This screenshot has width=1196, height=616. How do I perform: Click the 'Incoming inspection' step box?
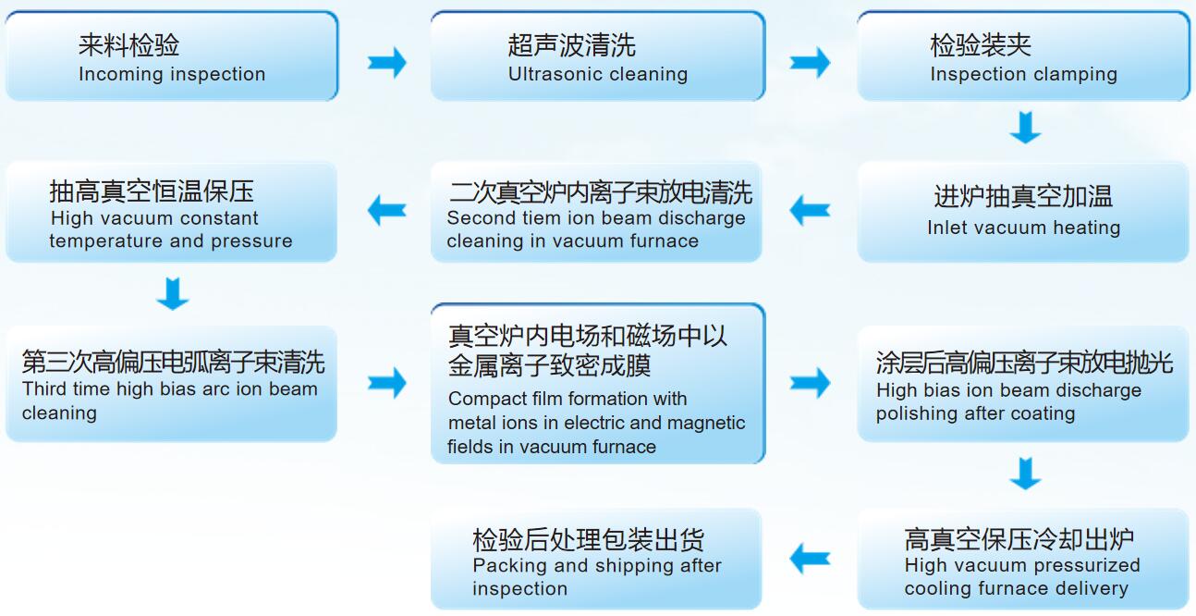(172, 56)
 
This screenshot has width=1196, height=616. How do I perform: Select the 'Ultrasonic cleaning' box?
(598, 56)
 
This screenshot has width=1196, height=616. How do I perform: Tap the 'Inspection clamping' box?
(1023, 56)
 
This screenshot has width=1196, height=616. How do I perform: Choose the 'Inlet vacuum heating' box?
(1023, 212)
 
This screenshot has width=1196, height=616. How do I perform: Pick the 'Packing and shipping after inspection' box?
(596, 559)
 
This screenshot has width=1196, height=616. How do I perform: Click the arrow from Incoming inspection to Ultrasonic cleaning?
(387, 63)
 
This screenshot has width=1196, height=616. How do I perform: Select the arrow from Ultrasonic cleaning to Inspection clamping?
(810, 63)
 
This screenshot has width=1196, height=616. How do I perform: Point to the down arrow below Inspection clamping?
(1025, 127)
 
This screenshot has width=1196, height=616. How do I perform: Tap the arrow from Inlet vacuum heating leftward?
(810, 211)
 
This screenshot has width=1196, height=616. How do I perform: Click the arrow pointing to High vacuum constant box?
(387, 211)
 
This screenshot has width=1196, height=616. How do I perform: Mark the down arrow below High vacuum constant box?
(173, 293)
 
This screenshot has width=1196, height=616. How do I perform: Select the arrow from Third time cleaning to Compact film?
(387, 383)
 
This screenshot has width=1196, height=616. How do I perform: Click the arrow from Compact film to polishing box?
(810, 383)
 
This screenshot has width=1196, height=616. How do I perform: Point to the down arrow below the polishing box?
(1025, 474)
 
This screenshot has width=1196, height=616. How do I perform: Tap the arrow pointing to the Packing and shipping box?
(810, 559)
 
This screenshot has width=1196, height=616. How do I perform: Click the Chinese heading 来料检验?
(128, 45)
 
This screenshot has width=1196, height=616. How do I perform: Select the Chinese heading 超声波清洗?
(571, 45)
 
